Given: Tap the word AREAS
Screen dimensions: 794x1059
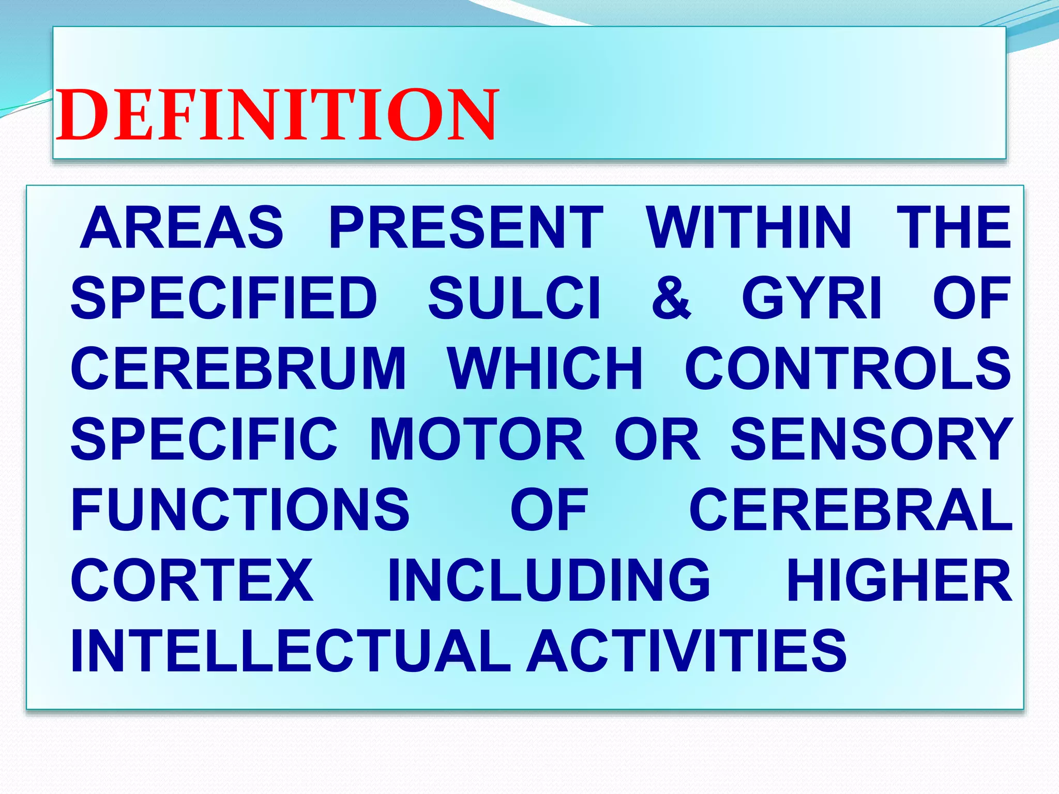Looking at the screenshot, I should click(182, 227).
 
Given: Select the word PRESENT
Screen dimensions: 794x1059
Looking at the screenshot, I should click(466, 227).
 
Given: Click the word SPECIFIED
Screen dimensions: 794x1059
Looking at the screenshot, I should click(224, 298).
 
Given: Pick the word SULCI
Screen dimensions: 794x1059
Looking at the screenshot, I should click(515, 298).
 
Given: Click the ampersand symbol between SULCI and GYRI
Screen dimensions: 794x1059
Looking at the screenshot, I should click(671, 298).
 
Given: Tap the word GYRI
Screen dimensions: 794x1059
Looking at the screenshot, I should click(811, 298).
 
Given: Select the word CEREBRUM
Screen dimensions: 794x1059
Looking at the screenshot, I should click(238, 369).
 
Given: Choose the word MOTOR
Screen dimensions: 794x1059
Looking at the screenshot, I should click(477, 439).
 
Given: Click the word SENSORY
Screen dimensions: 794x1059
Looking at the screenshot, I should click(871, 439).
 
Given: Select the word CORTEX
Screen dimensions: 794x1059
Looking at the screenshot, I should click(192, 581).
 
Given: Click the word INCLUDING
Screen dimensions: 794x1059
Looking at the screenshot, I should click(549, 581).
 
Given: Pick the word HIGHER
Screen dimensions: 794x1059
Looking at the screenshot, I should click(899, 581).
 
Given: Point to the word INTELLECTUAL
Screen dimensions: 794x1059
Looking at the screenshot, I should click(291, 651).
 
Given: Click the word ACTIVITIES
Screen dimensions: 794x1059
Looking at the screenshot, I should click(687, 651).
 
